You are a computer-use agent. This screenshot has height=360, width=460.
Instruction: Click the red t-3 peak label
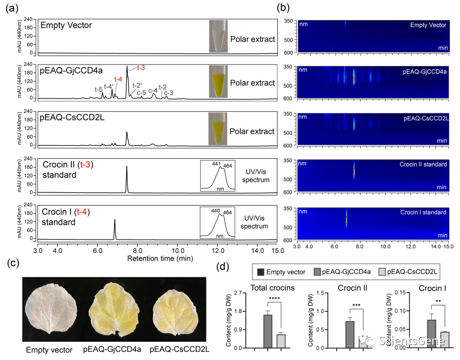coord(142,68)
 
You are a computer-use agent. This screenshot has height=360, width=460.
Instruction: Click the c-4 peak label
coord(153,90)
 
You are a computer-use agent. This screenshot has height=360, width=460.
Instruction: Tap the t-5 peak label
coord(99,89)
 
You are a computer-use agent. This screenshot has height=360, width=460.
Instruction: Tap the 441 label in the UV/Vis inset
coord(216,164)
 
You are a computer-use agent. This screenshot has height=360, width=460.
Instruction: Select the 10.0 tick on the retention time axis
coord(177,250)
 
